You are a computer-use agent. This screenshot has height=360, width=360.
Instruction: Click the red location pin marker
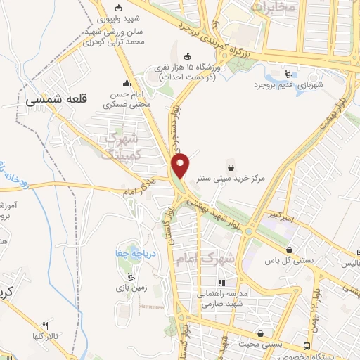click(181, 166)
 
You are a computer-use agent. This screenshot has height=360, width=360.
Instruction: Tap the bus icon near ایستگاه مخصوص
click(307, 346)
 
